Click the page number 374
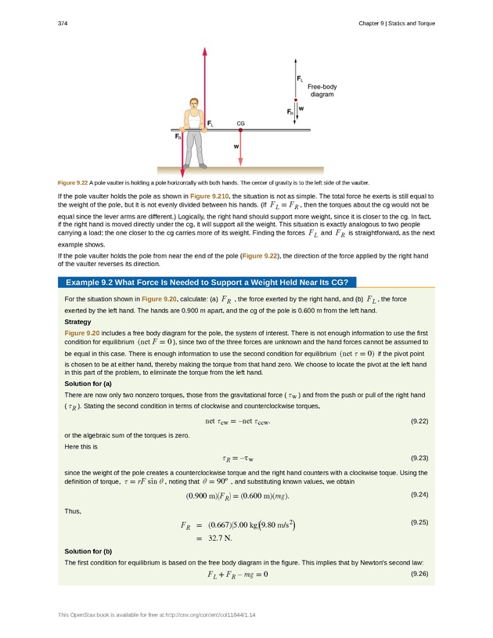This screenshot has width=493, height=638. tap(63, 23)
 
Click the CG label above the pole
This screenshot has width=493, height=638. tap(240, 124)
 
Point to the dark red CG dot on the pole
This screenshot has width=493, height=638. tap(240, 130)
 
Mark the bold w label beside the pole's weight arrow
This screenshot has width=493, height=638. tap(235, 146)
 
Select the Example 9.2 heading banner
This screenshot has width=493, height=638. tap(202, 282)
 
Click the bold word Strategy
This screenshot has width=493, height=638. tap(78, 322)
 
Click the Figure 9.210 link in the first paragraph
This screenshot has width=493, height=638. tap(210, 194)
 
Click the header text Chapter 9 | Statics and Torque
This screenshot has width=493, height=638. tap(391, 23)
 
